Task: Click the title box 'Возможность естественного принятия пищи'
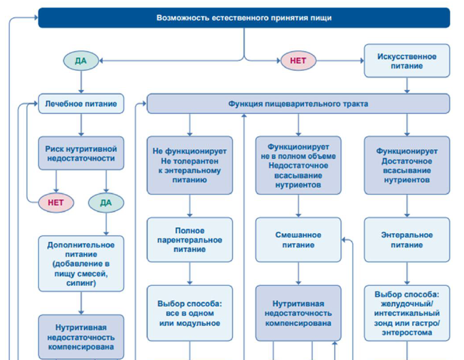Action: tap(243, 18)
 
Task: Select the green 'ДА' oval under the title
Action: tap(81, 61)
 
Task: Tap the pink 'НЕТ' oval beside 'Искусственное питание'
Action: tap(298, 61)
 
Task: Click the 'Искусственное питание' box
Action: tap(407, 61)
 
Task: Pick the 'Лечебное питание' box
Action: tap(81, 104)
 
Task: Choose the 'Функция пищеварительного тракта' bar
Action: tap(298, 104)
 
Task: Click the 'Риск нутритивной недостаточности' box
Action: tap(81, 153)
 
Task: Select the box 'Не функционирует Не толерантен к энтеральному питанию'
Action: tap(190, 165)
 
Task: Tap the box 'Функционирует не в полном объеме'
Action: tap(298, 165)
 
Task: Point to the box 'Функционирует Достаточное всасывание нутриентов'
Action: tap(407, 165)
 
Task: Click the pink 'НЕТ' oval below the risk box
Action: tap(56, 202)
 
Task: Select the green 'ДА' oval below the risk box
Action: tap(106, 202)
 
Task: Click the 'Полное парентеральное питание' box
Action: tap(190, 240)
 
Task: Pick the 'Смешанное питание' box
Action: tap(298, 240)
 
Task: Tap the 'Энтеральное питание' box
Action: tap(407, 240)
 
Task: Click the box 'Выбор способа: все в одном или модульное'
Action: tap(190, 313)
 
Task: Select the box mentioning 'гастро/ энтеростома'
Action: tap(407, 313)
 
